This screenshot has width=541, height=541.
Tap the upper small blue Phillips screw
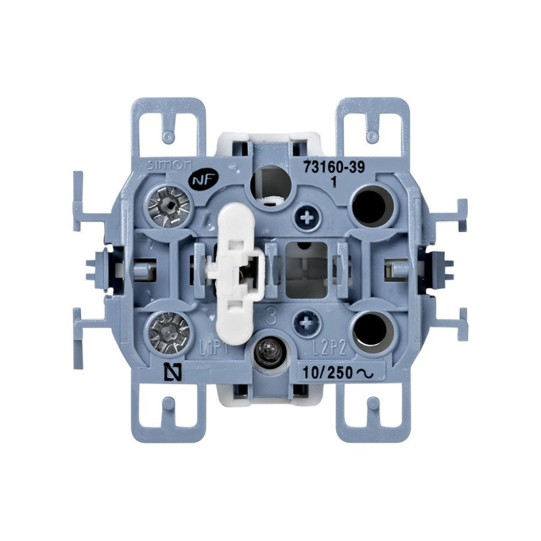click(x=308, y=217)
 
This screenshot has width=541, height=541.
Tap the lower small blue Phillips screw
click(x=308, y=320)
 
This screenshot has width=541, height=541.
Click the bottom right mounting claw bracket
click(x=373, y=413)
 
